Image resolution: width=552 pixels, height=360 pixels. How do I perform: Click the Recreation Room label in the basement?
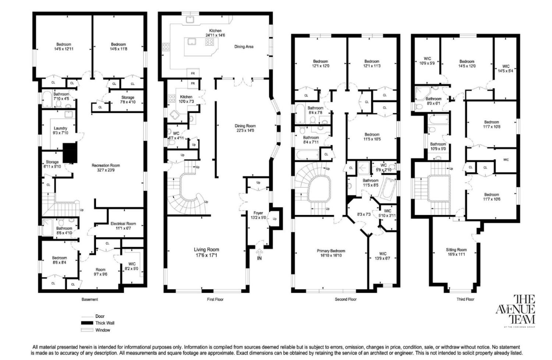coord(106,168)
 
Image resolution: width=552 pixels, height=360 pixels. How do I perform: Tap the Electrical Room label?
coord(123,226)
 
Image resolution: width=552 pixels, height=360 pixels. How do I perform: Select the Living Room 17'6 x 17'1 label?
coord(206,252)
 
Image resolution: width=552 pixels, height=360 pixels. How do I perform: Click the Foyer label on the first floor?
coord(258,215)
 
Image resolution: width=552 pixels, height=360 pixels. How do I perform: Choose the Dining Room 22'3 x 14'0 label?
coord(245,128)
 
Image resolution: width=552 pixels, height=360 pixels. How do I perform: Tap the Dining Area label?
coord(244,47)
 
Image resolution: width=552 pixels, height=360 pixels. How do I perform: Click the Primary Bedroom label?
coord(331,253)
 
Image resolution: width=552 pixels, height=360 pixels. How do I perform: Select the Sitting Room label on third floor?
coord(456,252)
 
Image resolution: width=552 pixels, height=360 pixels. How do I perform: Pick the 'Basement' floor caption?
coord(90,299)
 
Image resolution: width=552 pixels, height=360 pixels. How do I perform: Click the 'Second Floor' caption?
coord(346,299)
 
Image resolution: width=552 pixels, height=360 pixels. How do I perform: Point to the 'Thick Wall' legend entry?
coord(105,323)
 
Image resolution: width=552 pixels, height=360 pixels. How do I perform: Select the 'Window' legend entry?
coord(103,330)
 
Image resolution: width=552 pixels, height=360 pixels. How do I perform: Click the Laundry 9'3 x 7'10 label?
coord(60,130)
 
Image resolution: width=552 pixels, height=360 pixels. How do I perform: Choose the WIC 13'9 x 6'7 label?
coord(383,256)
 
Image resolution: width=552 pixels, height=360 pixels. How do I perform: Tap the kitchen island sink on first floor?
coord(191,42)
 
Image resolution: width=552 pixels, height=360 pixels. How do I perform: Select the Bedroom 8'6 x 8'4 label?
coord(59,260)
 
